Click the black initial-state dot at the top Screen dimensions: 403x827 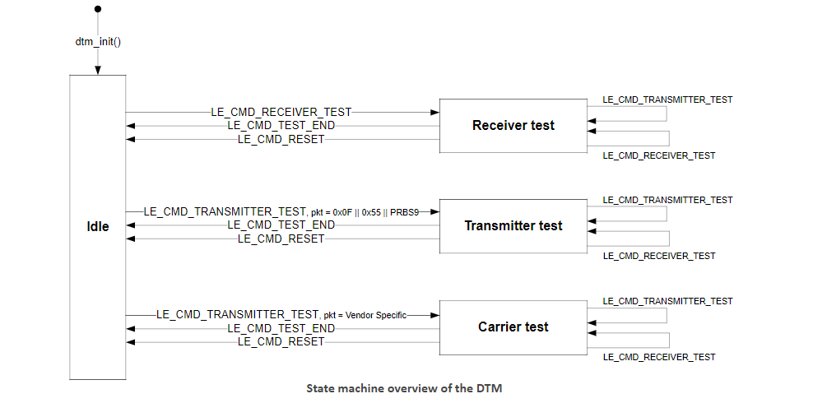(98, 9)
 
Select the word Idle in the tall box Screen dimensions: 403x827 (98, 227)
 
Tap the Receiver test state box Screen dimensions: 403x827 (513, 126)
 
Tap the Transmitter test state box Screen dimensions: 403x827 (513, 226)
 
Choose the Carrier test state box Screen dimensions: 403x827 (513, 327)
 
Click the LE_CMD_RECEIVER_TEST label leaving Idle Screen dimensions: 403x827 (281, 112)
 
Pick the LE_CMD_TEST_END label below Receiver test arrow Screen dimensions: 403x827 (281, 126)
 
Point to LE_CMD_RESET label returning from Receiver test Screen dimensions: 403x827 (281, 140)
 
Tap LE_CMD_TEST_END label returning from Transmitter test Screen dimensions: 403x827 (281, 225)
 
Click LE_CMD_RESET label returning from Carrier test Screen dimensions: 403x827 (281, 342)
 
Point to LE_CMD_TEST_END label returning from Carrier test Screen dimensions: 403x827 (281, 328)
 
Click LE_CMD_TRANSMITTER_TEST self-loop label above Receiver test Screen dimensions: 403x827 (667, 100)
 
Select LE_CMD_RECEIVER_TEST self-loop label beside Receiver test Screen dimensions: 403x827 (659, 155)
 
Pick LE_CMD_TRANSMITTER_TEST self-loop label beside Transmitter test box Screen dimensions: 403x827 (667, 200)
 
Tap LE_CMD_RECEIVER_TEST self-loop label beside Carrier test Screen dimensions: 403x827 (659, 357)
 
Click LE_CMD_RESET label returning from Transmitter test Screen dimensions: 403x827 (281, 239)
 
